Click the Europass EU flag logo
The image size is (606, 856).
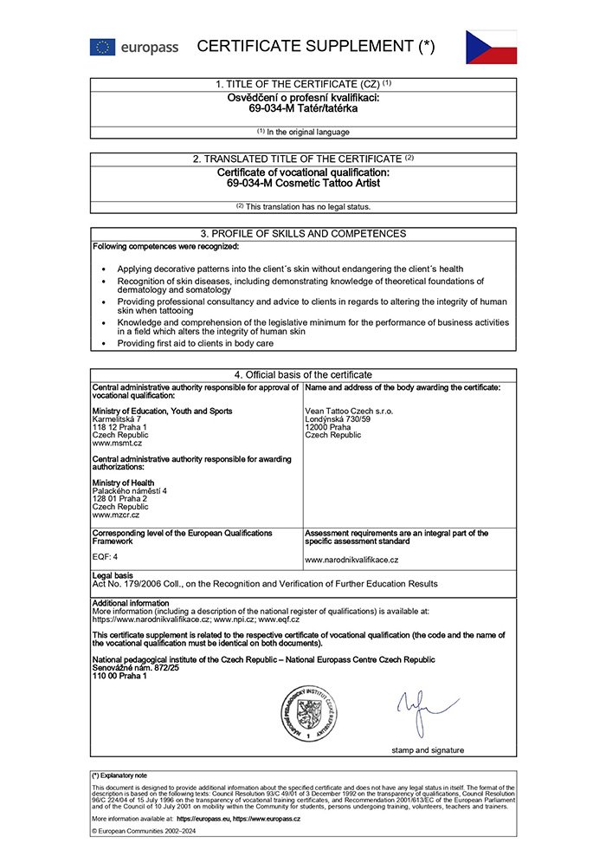(x=102, y=47)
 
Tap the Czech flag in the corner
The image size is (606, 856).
(x=491, y=47)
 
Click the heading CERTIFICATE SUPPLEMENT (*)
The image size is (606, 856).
(x=315, y=47)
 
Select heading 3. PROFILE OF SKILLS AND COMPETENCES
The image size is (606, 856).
(x=303, y=234)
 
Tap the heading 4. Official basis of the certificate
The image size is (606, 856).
(x=303, y=374)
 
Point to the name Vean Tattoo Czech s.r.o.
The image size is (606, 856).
(x=349, y=412)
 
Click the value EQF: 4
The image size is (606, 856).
(x=106, y=556)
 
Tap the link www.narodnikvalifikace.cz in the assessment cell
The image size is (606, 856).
(x=351, y=561)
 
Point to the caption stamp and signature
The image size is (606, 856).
(x=427, y=749)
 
